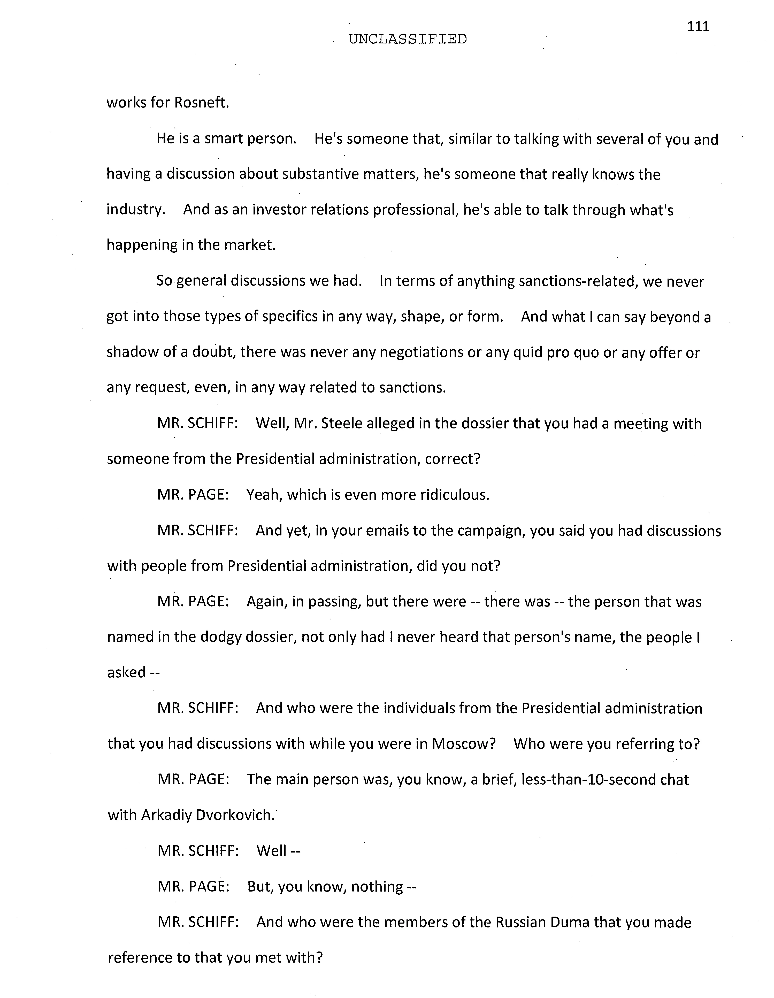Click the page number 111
[x=698, y=27]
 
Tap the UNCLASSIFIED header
[x=407, y=40]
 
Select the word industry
[x=135, y=210]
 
